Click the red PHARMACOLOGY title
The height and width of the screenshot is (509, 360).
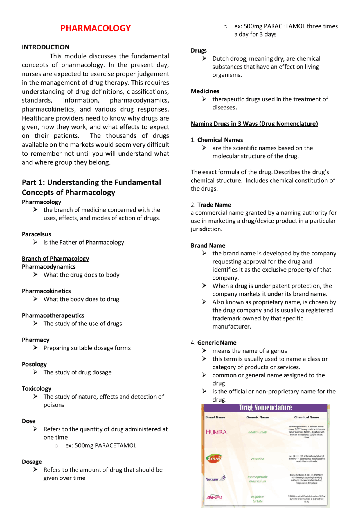click(x=95, y=28)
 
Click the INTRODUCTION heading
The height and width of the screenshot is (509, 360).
click(x=46, y=47)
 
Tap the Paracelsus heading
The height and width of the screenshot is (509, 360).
click(x=36, y=234)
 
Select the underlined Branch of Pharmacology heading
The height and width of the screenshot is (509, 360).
click(x=55, y=259)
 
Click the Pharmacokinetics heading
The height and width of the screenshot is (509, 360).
click(x=46, y=291)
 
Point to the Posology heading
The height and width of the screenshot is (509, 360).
click(x=34, y=364)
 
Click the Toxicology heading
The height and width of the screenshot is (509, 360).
click(x=36, y=388)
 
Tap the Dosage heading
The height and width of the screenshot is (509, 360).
click(x=32, y=462)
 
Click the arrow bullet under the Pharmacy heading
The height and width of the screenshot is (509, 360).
click(x=35, y=348)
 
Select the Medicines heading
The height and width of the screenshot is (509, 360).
click(x=205, y=91)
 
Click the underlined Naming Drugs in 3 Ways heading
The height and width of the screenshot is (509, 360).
click(x=254, y=124)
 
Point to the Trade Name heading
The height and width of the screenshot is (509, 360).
click(x=214, y=205)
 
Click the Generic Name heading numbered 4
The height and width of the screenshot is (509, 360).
click(x=217, y=343)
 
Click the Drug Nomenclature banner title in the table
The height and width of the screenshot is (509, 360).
click(x=265, y=408)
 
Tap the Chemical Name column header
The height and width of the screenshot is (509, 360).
click(x=306, y=417)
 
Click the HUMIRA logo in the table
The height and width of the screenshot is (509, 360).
click(x=216, y=432)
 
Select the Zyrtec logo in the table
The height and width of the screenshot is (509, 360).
click(x=214, y=458)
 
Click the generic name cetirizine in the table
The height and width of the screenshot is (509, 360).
click(x=258, y=459)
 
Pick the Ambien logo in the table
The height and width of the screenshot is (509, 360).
click(x=214, y=497)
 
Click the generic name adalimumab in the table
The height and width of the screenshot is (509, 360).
click(x=258, y=432)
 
